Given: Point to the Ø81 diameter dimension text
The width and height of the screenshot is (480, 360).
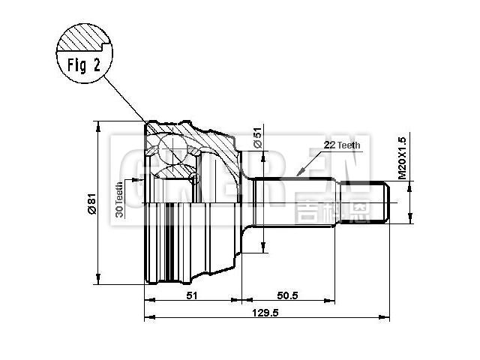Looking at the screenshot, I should [91, 203].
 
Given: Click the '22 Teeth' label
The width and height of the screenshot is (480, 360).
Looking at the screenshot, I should [342, 144].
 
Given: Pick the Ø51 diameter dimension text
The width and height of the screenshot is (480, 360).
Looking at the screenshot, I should [257, 136].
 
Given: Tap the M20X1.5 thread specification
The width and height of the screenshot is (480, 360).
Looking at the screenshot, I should [402, 157].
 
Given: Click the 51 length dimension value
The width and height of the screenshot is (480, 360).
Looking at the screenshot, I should [191, 296].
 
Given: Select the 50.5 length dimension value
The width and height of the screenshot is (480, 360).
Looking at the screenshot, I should [287, 296].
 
